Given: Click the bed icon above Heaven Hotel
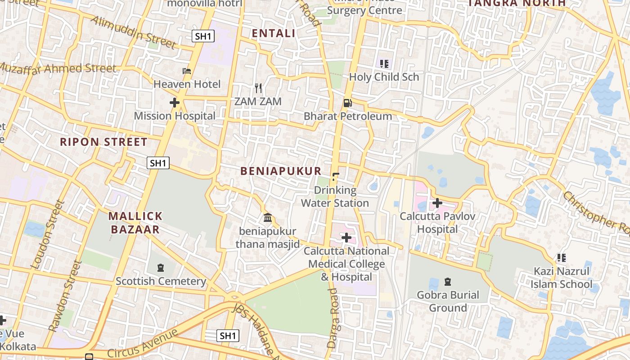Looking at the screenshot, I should click(187, 71).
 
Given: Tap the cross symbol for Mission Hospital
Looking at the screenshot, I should click(175, 103).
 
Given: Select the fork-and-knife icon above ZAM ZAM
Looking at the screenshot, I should click(258, 88).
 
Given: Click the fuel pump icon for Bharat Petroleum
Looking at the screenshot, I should click(347, 103).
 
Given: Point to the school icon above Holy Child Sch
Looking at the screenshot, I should click(384, 64).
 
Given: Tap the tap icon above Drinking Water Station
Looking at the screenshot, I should click(335, 177).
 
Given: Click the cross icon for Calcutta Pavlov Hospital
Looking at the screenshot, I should click(437, 203).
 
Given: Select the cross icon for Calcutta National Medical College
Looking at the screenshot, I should click(346, 237).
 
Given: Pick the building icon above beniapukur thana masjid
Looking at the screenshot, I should click(268, 218).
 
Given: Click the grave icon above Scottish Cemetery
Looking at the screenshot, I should click(161, 268).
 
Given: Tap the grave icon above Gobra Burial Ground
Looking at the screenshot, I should click(448, 282).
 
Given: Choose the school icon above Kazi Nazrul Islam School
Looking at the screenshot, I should click(561, 258).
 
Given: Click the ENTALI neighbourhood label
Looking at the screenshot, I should click(274, 33).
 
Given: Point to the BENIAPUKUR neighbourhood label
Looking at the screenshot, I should click(281, 171).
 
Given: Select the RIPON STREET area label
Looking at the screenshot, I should click(103, 142).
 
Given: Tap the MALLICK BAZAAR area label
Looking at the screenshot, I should click(135, 223).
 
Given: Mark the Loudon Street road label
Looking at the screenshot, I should click(47, 235).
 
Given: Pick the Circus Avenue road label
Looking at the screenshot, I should click(143, 344).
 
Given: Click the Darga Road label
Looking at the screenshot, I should click(333, 318).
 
